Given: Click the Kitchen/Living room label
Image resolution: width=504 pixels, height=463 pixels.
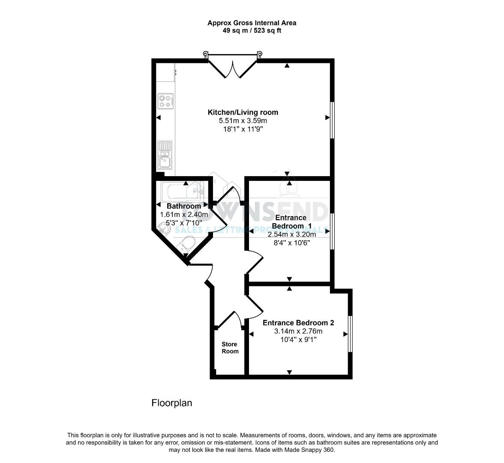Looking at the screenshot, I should coord(243,112).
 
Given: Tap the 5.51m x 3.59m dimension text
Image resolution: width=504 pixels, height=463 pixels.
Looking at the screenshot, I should coord(243,121).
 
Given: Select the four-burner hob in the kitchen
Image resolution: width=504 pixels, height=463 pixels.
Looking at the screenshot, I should coord(165,101).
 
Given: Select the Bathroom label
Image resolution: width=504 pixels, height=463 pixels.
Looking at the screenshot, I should coord(183,206).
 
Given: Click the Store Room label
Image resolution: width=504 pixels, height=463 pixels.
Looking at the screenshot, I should coord(230,348).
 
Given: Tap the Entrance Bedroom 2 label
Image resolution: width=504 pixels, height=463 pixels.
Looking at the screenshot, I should coord(298,323).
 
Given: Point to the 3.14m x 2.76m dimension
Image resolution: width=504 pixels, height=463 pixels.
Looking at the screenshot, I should coord(298,331).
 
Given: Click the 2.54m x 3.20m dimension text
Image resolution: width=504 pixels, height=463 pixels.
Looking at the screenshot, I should coord(291,235).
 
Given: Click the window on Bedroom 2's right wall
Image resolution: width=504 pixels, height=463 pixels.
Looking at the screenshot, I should coord(350,334).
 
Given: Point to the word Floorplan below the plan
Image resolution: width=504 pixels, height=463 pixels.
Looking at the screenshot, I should coord(171,403).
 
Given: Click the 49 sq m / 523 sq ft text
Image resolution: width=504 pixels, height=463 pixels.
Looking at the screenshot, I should coord(252,30).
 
